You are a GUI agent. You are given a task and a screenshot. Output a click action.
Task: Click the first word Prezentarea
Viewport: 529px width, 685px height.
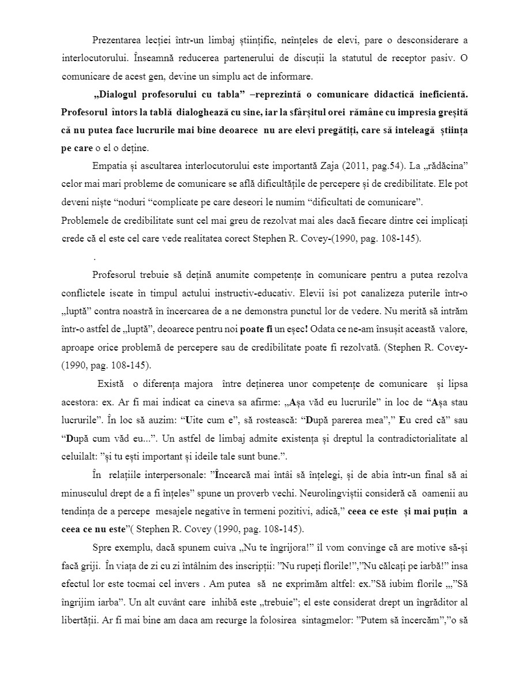116,40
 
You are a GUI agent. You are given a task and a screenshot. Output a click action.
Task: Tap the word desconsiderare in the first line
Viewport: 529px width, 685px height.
430,40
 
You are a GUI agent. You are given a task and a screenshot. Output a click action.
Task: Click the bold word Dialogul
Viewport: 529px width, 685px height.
120,94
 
